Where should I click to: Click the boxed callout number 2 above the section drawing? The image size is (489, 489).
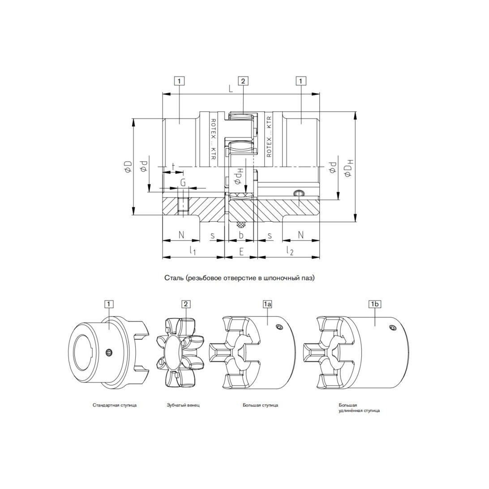243,81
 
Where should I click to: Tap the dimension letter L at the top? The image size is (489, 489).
231,89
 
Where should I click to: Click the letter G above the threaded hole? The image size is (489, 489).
183,182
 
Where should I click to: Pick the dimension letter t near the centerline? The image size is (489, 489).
173,166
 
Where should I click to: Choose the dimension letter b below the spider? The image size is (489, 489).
241,235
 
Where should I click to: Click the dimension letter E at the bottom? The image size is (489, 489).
241,251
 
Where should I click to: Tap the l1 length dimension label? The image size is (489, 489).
193,250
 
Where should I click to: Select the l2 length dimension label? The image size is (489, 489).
290,250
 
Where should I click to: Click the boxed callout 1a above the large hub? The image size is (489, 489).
267,304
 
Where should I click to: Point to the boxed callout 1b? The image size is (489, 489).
375,304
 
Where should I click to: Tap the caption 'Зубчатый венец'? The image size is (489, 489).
183,405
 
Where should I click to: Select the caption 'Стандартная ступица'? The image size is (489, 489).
115,405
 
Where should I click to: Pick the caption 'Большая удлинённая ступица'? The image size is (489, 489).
359,408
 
